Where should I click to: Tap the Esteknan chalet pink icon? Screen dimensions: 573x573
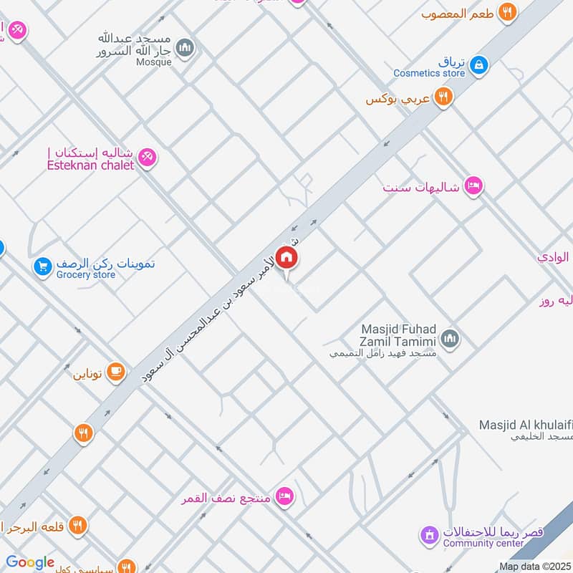147,157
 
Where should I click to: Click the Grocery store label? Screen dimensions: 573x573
86,274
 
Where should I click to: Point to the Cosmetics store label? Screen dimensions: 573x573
429,73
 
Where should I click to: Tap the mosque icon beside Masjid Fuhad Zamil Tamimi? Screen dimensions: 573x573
450,337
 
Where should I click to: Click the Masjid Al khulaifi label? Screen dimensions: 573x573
526,425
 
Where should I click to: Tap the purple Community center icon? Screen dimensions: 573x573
428,534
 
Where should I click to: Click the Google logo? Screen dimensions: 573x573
30,563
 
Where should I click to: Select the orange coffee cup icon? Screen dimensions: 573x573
115,371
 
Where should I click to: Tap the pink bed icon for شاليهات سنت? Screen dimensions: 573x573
473,186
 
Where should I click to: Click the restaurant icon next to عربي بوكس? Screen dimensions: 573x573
443,97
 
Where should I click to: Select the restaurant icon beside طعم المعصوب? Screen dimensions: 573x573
508,11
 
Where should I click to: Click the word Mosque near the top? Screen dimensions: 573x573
154,62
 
